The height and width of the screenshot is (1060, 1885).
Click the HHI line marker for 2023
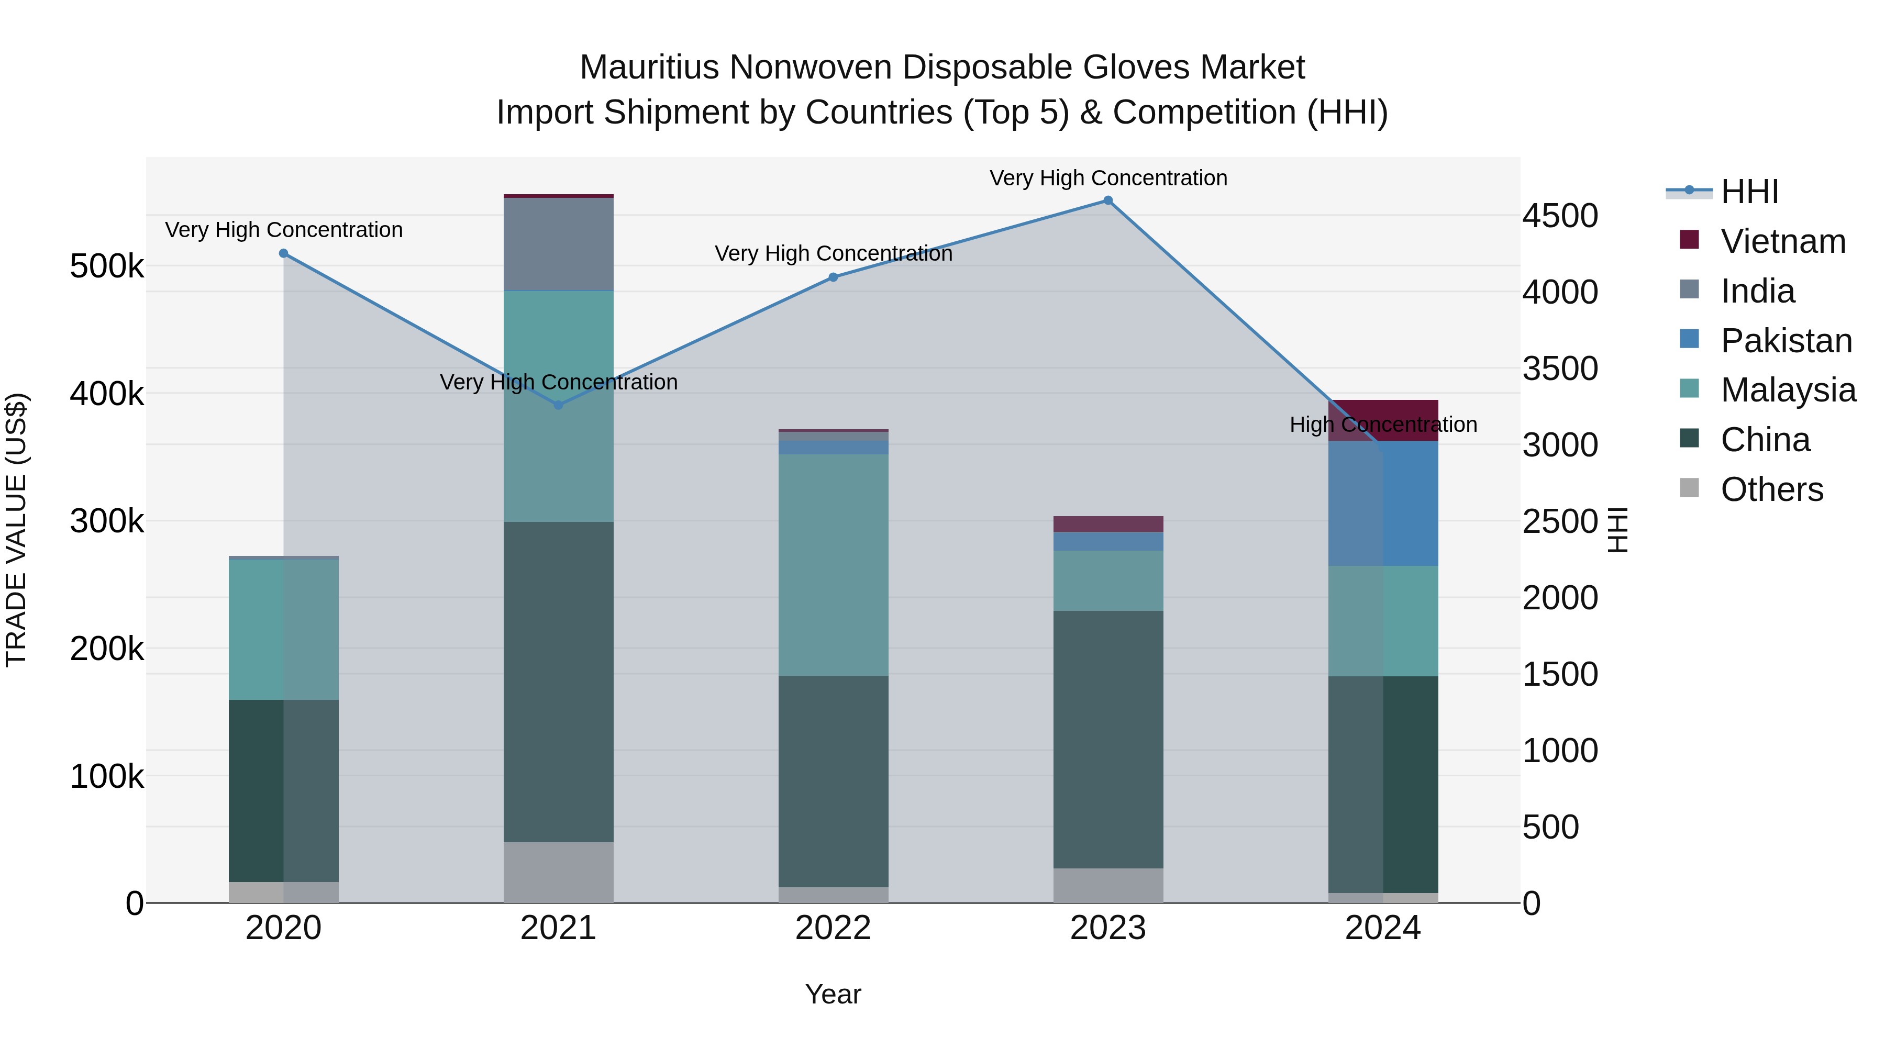(1108, 200)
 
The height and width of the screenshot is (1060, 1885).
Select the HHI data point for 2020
(284, 253)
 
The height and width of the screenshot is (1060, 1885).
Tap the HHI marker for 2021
(558, 405)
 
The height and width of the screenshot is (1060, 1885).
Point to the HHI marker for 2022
(834, 277)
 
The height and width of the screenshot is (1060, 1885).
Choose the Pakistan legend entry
(1786, 341)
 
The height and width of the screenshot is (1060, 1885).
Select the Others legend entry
(1771, 489)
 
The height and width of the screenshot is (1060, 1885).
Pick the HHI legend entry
(1749, 192)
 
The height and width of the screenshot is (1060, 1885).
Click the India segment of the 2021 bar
(558, 244)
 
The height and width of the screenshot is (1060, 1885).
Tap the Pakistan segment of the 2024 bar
(1383, 503)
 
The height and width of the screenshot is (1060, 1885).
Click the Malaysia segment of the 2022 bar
(834, 565)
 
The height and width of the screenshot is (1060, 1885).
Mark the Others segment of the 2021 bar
(558, 872)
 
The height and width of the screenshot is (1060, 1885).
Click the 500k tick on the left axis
(107, 266)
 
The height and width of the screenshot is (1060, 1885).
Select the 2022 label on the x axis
(834, 928)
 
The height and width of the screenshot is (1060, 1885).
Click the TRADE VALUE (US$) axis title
(16, 530)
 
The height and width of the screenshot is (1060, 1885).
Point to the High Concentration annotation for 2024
(1383, 425)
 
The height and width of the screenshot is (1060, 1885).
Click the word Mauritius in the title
(649, 68)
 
